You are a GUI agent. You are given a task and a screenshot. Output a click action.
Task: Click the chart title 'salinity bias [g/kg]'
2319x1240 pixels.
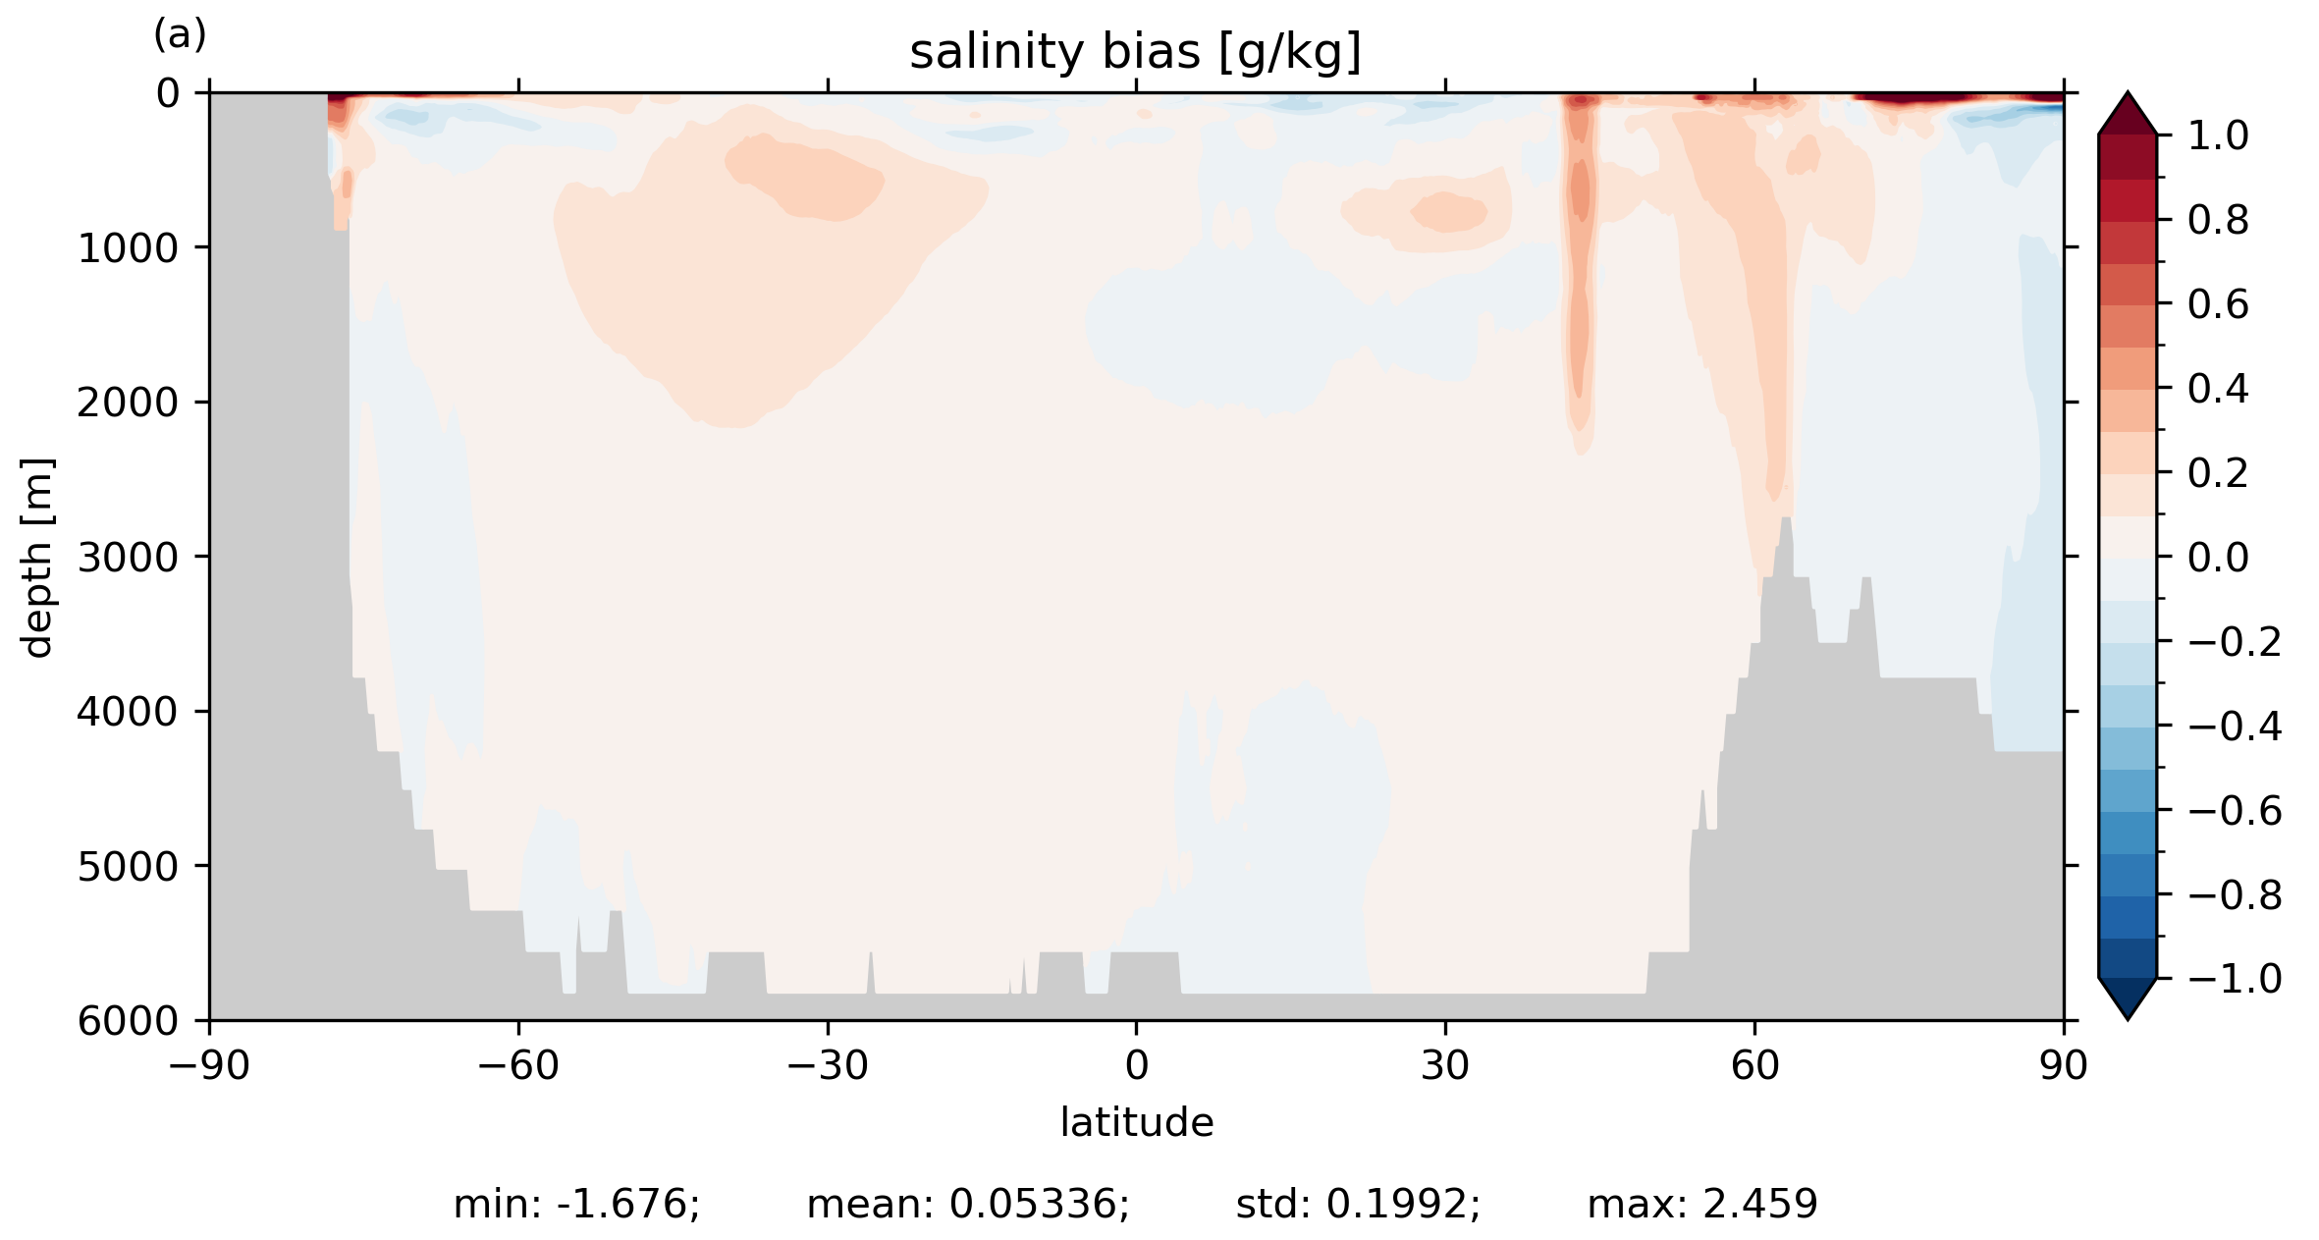(x=1135, y=52)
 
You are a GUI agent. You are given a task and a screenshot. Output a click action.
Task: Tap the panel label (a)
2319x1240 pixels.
(x=180, y=35)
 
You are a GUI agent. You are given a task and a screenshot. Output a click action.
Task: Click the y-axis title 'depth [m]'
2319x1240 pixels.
(x=37, y=557)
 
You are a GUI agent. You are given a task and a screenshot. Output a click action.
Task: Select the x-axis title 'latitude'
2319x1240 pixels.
(x=1136, y=1122)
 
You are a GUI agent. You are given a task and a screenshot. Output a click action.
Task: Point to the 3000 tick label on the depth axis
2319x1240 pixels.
(x=128, y=558)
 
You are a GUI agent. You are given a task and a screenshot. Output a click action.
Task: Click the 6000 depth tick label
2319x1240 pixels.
(x=128, y=1021)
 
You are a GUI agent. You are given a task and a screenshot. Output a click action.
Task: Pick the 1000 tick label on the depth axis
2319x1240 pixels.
(x=128, y=248)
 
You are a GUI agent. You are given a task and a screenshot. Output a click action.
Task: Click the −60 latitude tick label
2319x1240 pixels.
(x=517, y=1065)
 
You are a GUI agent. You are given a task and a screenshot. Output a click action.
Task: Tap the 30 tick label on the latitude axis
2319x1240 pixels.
(x=1444, y=1065)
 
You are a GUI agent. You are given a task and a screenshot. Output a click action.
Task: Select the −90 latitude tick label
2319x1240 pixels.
(x=208, y=1065)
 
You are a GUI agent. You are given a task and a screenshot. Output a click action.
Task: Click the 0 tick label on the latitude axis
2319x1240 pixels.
(x=1136, y=1065)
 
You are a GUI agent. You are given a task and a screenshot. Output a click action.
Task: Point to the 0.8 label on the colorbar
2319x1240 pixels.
(x=2218, y=221)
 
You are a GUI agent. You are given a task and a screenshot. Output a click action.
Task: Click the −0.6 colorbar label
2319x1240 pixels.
(x=2235, y=811)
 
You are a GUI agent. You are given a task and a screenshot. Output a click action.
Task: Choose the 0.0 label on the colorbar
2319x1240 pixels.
(x=2218, y=558)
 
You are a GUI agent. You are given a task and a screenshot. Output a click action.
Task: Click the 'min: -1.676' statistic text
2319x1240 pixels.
(x=576, y=1204)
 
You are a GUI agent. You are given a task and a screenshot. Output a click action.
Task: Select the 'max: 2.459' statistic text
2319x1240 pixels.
(x=1702, y=1204)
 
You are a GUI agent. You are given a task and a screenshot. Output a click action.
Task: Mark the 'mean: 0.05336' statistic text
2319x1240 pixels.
(x=968, y=1204)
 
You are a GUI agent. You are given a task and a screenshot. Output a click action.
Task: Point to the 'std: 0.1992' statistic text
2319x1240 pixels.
(x=1358, y=1204)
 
